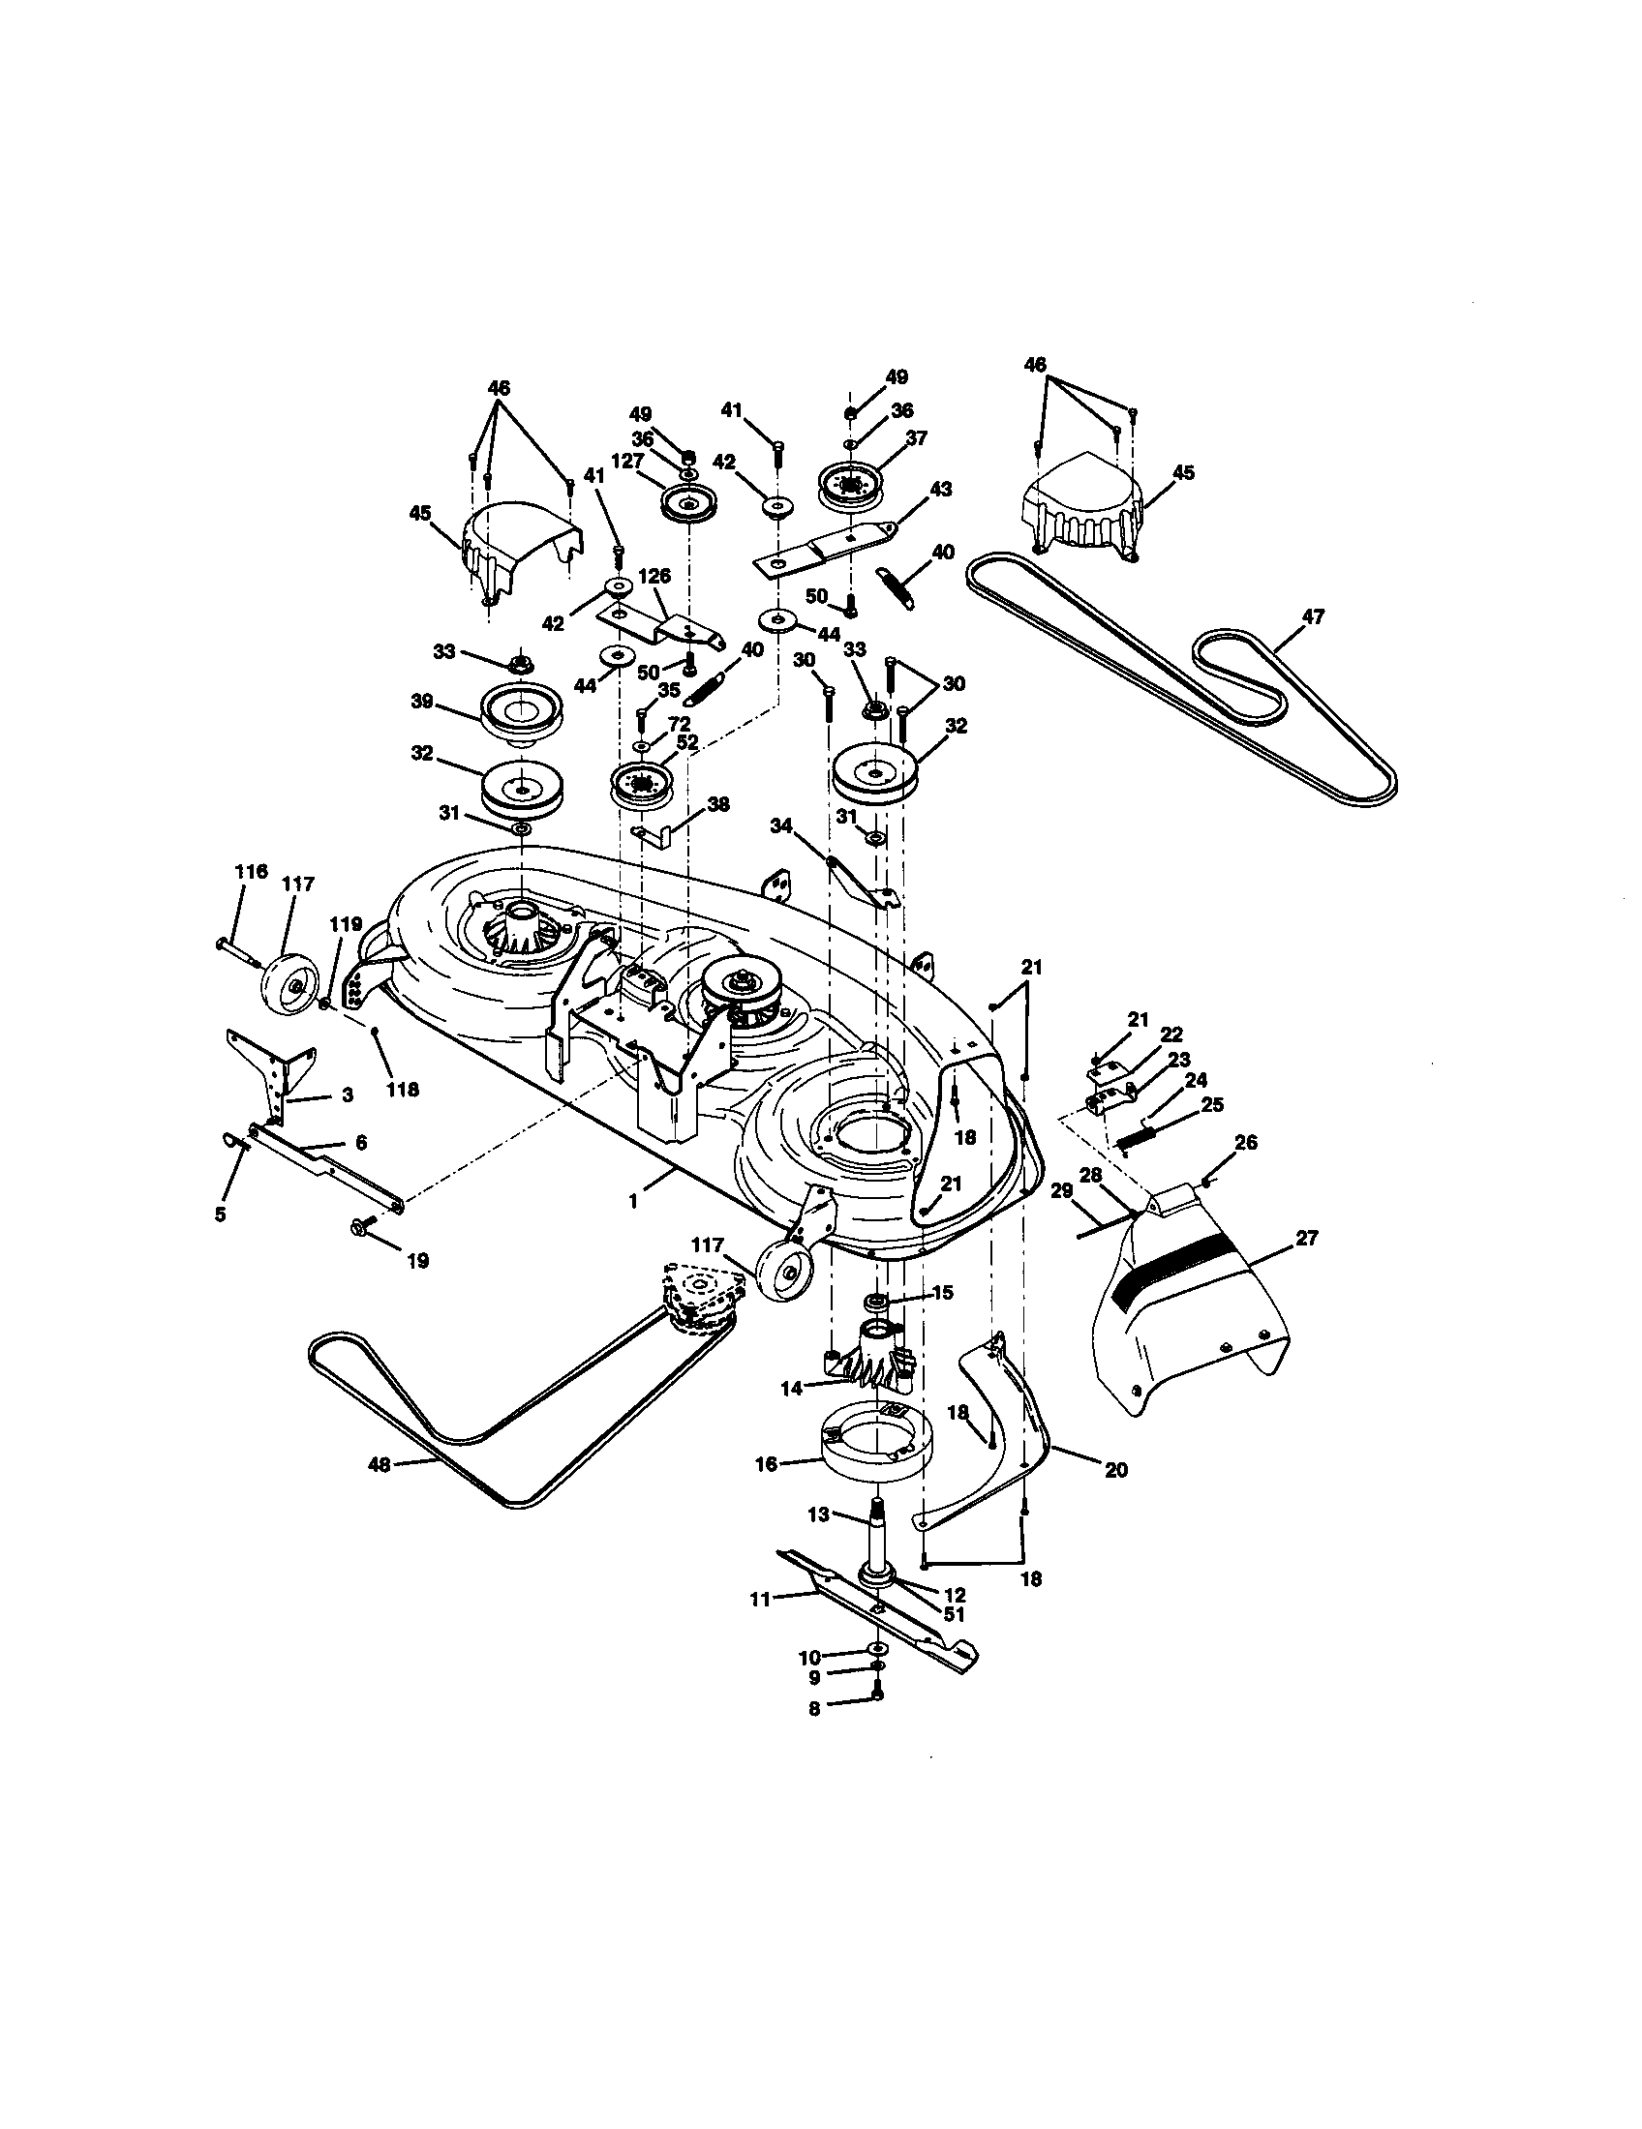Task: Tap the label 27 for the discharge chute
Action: click(1306, 1238)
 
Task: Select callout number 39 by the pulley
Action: click(421, 703)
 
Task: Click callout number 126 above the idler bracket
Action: click(655, 576)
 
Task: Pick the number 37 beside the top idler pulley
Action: click(916, 437)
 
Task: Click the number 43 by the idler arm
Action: click(941, 489)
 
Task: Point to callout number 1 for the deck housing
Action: click(633, 1202)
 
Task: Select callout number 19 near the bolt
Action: click(417, 1260)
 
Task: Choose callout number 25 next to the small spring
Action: click(1212, 1104)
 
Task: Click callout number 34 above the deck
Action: click(781, 826)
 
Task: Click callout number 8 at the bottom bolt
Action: click(815, 1708)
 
